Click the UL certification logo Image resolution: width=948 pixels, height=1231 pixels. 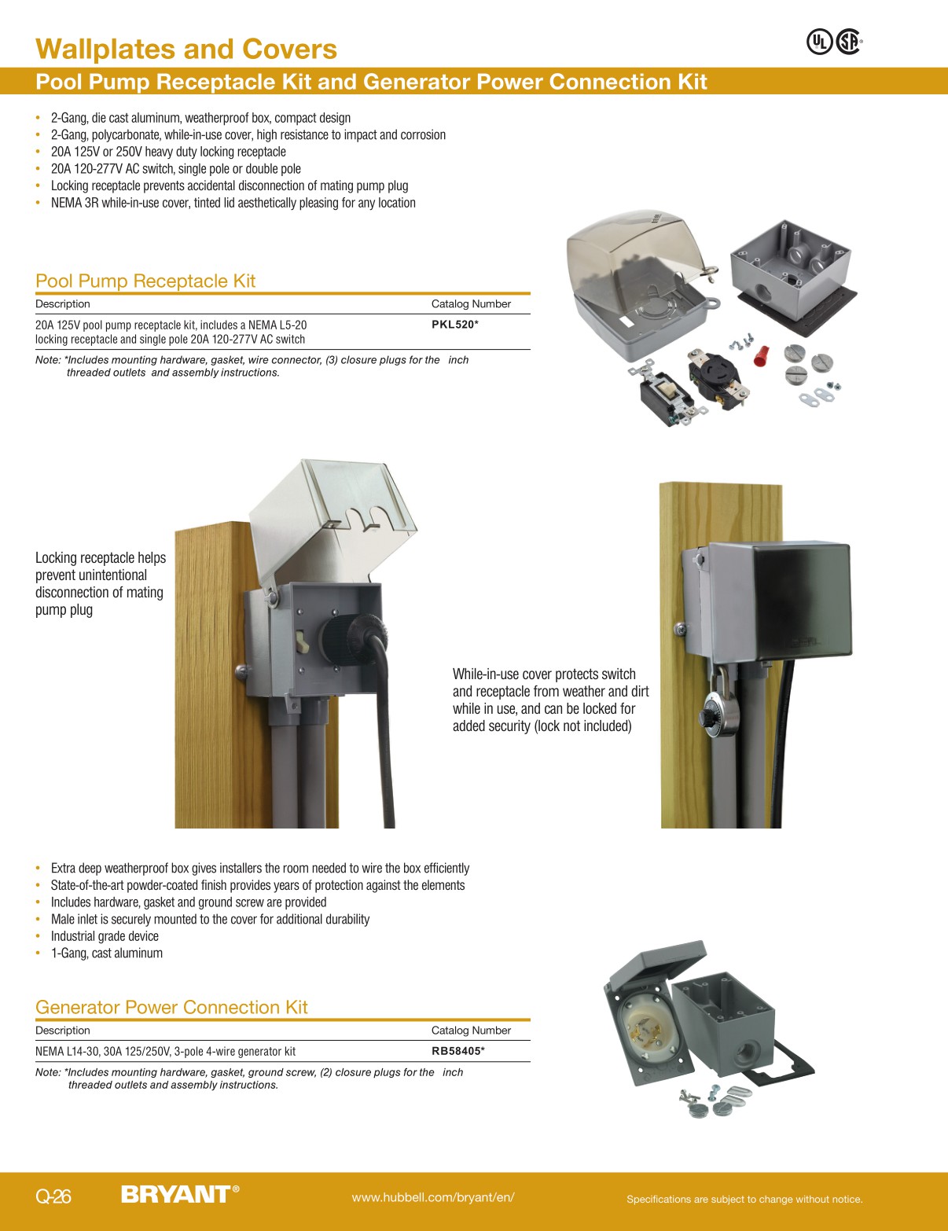(819, 42)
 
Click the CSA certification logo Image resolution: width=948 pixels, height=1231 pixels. (848, 42)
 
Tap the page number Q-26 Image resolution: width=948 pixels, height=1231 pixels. (53, 1196)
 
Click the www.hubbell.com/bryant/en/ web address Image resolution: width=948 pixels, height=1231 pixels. (433, 1197)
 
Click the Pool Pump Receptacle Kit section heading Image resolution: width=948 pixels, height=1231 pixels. (145, 281)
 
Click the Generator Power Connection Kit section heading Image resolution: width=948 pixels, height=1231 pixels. (171, 1007)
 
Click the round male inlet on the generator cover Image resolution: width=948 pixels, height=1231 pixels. (643, 1026)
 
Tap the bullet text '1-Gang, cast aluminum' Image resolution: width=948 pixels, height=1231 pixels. (106, 953)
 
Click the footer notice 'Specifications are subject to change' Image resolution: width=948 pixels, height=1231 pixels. (744, 1199)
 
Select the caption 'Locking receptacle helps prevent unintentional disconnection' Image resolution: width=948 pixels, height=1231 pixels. (101, 583)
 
